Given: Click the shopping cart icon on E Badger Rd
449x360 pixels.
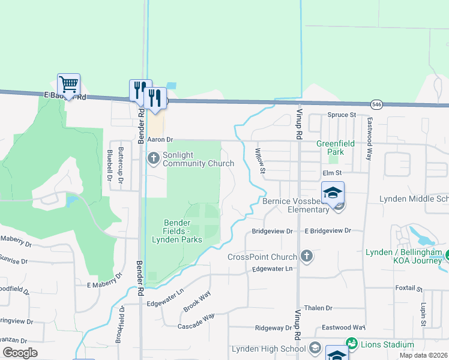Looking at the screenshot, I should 69,85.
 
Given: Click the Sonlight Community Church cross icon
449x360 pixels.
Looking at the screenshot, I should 153,158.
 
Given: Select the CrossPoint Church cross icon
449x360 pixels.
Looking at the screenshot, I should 306,257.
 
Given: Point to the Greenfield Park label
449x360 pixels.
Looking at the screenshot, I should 336,148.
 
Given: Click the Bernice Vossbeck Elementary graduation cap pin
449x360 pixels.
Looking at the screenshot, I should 333,193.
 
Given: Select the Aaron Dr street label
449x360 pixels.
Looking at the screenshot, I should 160,139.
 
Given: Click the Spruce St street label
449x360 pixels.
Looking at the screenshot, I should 342,115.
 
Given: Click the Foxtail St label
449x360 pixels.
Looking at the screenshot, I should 410,288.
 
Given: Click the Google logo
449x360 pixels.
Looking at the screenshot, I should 20,353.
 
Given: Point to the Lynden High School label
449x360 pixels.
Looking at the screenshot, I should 268,349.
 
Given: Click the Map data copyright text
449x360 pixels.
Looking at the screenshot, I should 423,355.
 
